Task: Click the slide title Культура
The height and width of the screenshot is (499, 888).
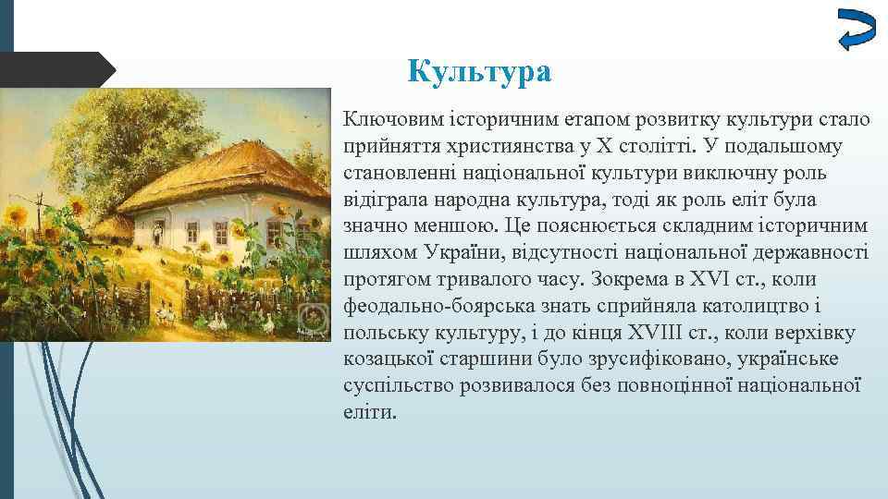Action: tap(479, 71)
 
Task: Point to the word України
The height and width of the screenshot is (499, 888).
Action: tap(466, 253)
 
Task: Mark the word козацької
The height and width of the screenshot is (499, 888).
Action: tap(388, 359)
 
